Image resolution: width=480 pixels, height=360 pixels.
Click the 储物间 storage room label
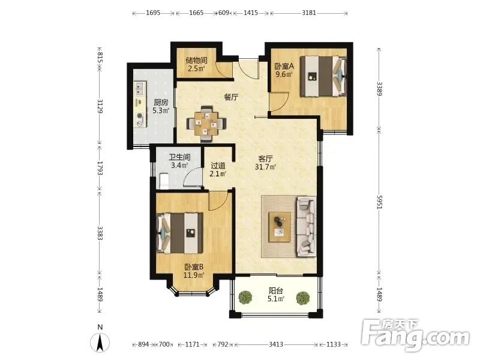pos(196,61)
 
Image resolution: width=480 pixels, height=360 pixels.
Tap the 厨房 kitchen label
pos(161,102)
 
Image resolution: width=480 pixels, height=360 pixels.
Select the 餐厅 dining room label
pos(231,97)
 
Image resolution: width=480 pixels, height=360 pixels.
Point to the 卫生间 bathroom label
pos(179,157)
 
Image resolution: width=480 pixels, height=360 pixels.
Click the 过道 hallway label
pos(218,166)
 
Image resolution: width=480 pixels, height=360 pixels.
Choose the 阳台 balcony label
pos(276,290)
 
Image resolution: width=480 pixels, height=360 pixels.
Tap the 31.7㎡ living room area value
pos(265,167)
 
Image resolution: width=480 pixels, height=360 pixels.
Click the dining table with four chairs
pos(206,124)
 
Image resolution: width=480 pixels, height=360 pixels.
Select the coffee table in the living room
pos(280,227)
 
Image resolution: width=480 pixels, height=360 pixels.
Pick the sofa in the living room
pos(306,227)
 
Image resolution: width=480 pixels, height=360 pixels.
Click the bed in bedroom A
pos(323,76)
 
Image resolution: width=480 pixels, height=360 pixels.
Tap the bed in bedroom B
pos(179,233)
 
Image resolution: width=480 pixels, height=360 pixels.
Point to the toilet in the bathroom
pos(164,181)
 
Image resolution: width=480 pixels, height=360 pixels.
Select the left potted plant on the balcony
pos(245,298)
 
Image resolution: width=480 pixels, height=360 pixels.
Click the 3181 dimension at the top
pos(309,13)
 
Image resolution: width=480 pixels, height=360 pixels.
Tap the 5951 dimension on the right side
pos(379,202)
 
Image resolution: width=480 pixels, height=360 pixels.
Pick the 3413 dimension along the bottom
pos(276,344)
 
